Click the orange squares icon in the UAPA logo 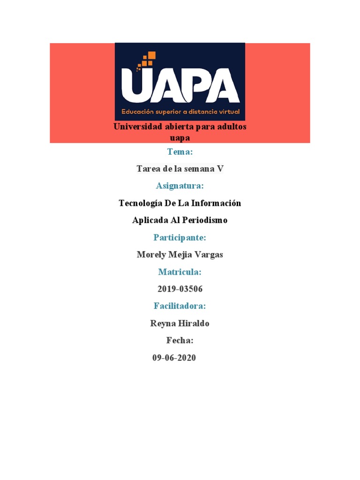147,61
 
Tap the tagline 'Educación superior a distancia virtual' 180,112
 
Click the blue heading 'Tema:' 180,152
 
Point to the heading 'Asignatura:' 180,186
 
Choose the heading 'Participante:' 180,238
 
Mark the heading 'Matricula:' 180,272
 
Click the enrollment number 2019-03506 180,289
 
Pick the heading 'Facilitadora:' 180,306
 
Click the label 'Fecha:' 180,340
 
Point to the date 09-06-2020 174,358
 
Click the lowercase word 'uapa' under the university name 180,138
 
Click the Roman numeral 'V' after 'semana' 220,169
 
